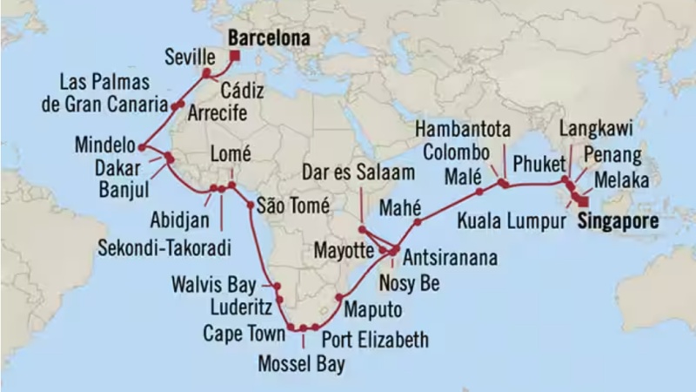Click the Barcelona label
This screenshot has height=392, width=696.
270,39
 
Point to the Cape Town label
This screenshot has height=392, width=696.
244,333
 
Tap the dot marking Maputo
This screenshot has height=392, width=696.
338,298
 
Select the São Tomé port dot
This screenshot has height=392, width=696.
251,206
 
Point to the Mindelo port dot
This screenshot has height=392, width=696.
141,145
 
